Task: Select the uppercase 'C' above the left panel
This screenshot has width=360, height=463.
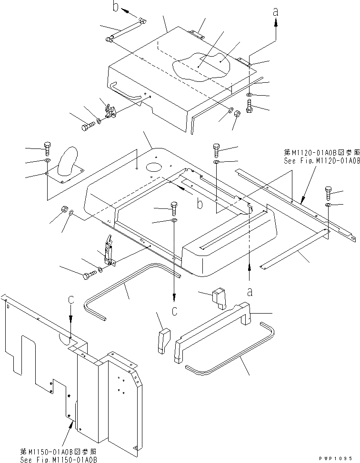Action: [x=70, y=301]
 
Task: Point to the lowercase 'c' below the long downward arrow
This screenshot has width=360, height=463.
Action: [x=174, y=311]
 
